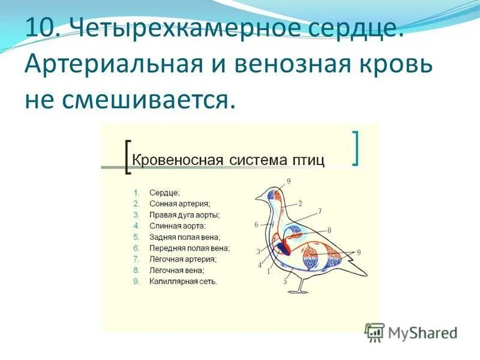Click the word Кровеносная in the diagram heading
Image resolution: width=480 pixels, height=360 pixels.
click(x=172, y=160)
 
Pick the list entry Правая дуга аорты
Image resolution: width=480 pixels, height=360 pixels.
click(x=184, y=215)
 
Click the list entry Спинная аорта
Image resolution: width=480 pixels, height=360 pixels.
click(x=178, y=226)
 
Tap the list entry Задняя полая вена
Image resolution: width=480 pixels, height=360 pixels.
click(x=184, y=236)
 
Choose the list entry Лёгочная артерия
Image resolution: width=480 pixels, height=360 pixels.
click(x=182, y=259)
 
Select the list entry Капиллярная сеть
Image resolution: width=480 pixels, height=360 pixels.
click(x=183, y=281)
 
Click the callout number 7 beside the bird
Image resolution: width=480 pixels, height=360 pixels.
click(x=320, y=211)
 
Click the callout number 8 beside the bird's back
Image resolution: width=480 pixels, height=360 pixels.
click(x=329, y=230)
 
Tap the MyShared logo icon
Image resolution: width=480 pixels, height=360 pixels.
click(x=376, y=332)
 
